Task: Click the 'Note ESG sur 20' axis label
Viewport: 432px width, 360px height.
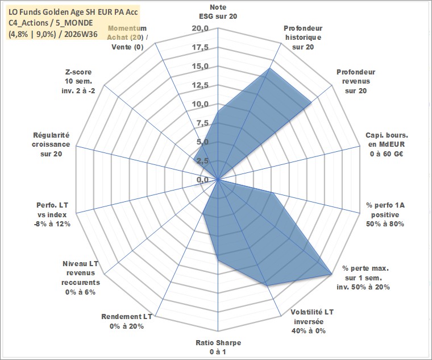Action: pyautogui.click(x=218, y=11)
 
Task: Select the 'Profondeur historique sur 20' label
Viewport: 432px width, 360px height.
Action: pyautogui.click(x=303, y=38)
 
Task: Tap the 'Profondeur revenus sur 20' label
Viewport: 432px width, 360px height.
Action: pyautogui.click(x=356, y=81)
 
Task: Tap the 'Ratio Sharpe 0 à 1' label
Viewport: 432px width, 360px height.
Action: pyautogui.click(x=218, y=347)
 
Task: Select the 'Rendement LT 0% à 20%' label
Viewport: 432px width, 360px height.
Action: pyautogui.click(x=127, y=321)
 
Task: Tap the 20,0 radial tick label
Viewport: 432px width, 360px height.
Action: pyautogui.click(x=201, y=28)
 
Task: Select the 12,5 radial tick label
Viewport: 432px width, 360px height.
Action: pyautogui.click(x=201, y=85)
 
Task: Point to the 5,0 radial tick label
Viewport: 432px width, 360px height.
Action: pyautogui.click(x=203, y=142)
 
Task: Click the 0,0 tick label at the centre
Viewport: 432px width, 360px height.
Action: pyautogui.click(x=203, y=180)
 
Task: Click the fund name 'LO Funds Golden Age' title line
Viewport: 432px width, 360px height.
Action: pyautogui.click(x=73, y=12)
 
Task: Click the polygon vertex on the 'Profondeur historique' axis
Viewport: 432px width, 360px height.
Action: pyautogui.click(x=269, y=68)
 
